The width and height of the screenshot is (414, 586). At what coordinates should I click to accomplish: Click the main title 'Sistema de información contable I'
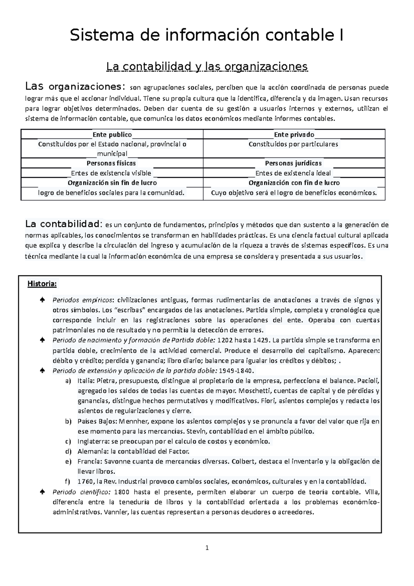(206, 36)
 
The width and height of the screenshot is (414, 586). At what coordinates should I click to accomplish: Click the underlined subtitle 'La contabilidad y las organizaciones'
(207, 66)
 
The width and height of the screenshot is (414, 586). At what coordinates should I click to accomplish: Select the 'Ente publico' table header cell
(112, 135)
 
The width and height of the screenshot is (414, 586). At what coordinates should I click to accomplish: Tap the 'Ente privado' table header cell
(294, 135)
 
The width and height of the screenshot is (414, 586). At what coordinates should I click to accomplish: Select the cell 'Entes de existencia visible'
(111, 173)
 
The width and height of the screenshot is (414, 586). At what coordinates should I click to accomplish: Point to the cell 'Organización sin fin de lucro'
(112, 183)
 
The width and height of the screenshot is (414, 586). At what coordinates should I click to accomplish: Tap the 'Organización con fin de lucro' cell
(294, 183)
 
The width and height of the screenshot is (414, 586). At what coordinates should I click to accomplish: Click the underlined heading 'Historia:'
(42, 284)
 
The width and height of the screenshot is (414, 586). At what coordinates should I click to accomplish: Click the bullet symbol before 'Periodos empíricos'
(42, 300)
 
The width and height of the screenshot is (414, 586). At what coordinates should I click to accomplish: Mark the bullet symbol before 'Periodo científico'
(42, 492)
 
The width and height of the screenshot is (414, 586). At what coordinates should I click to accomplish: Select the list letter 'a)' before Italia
(68, 381)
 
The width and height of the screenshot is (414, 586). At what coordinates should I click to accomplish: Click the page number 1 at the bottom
(207, 548)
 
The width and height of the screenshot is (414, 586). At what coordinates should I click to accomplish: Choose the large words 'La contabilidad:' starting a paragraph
(64, 224)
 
